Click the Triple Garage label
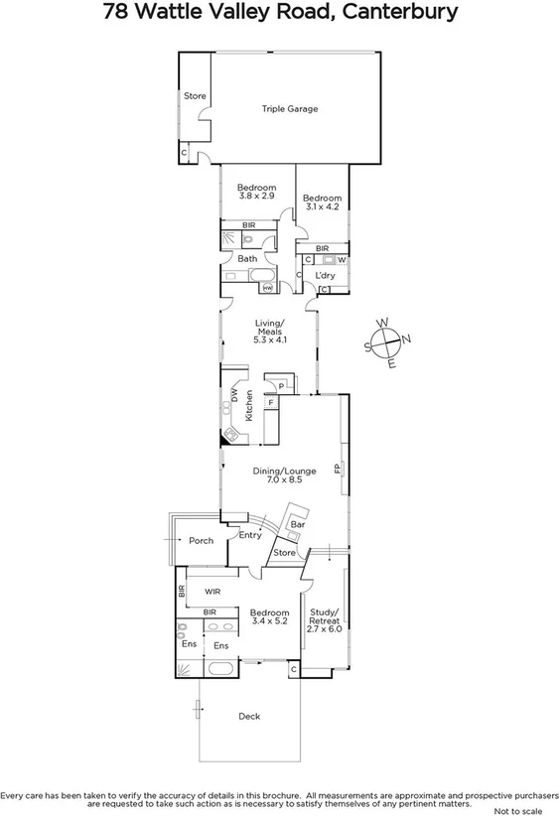tap(290, 109)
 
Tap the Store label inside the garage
tap(195, 96)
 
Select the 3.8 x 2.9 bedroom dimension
tap(257, 197)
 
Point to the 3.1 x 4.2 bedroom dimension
tap(322, 207)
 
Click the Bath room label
tap(246, 258)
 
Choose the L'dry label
tap(324, 275)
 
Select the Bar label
tap(297, 523)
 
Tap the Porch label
tap(202, 541)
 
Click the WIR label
tap(212, 592)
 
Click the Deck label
tap(249, 716)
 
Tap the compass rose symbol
tap(387, 343)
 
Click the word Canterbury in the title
tap(401, 13)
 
